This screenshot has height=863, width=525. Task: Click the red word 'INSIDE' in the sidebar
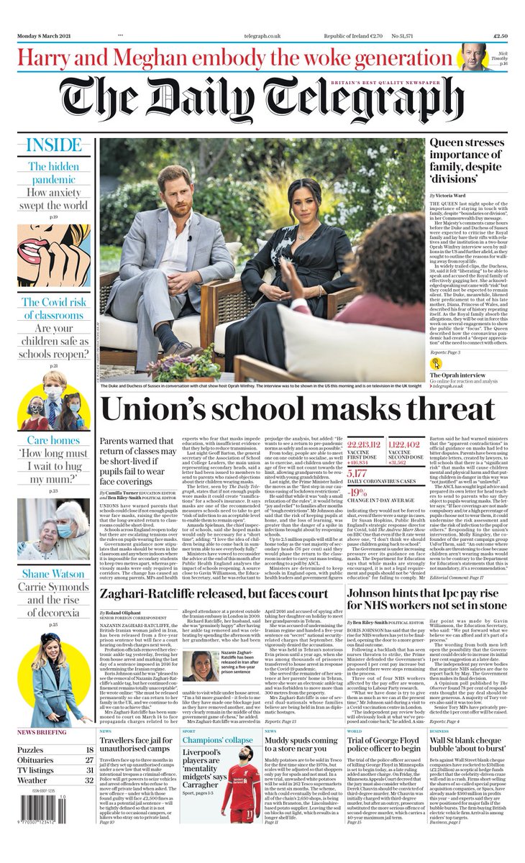pyautogui.click(x=54, y=145)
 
